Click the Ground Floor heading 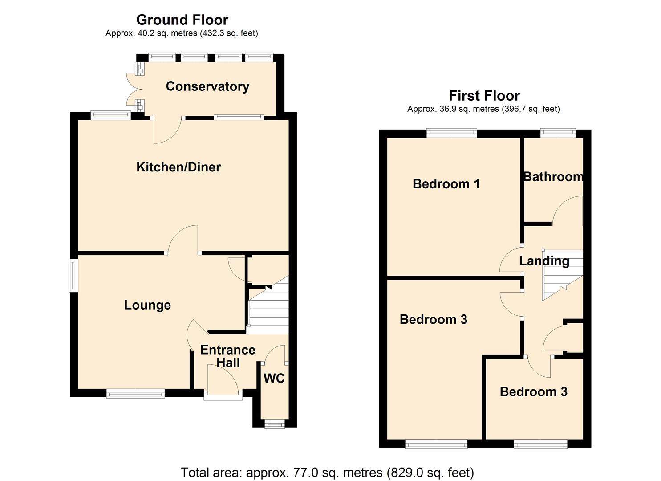tap(182, 20)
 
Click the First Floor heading tap(484, 96)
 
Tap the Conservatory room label tap(207, 86)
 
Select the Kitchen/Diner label tap(178, 167)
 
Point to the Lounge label tap(147, 305)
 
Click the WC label tap(274, 379)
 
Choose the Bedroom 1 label tap(446, 184)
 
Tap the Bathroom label tap(553, 177)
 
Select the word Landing tap(544, 261)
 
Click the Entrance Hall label tap(228, 356)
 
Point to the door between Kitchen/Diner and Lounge tap(183, 240)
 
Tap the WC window tap(275, 424)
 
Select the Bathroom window tap(558, 132)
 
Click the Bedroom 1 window tap(451, 132)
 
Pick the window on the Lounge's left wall tap(73, 276)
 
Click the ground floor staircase tap(268, 312)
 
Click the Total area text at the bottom tap(327, 472)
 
